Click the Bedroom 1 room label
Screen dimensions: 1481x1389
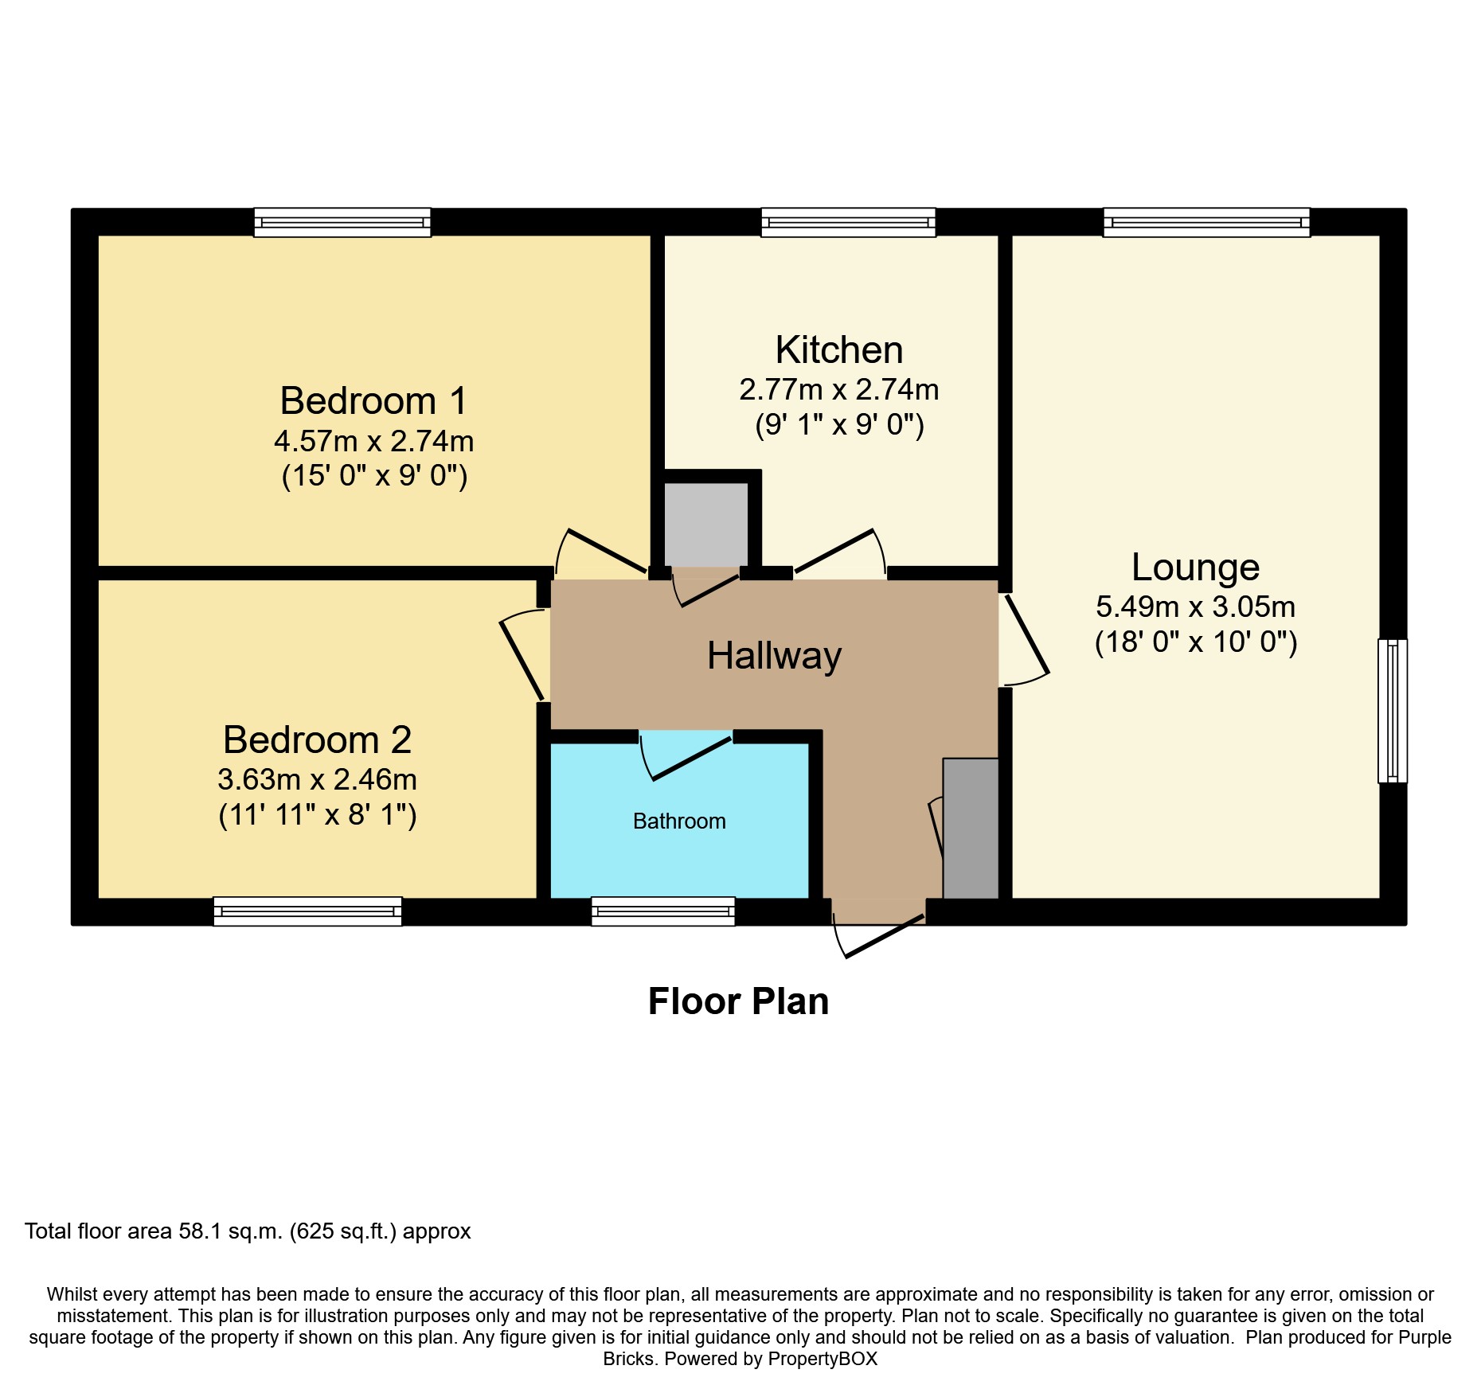(x=373, y=400)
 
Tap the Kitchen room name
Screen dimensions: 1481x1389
(x=839, y=349)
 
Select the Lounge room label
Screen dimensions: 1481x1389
(x=1196, y=568)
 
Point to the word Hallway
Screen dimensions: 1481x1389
(x=775, y=657)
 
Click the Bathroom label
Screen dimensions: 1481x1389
(x=679, y=821)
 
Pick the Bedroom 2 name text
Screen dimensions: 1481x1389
(x=318, y=740)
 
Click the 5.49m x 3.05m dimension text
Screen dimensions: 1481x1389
(x=1196, y=607)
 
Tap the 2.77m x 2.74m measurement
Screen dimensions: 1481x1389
(x=839, y=390)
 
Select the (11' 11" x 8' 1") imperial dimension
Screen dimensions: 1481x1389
(x=318, y=815)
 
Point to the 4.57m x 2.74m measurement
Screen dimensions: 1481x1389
(x=373, y=441)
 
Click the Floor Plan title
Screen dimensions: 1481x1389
(x=739, y=1001)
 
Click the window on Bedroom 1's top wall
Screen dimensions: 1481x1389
(x=342, y=223)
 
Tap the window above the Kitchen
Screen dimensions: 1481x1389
(x=849, y=223)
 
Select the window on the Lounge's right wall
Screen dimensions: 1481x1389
(x=1393, y=711)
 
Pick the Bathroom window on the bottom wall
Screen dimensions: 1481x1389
(x=663, y=911)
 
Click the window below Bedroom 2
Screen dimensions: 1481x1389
(x=308, y=911)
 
